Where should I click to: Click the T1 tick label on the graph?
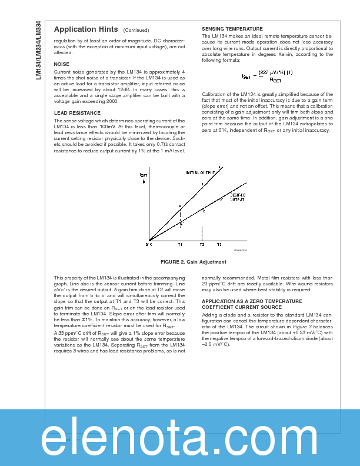click(x=180, y=244)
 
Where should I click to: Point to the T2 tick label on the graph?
click(x=202, y=244)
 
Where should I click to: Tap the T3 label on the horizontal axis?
click(x=219, y=244)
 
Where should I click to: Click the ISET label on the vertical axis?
click(x=144, y=175)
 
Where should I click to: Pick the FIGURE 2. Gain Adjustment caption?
click(x=194, y=261)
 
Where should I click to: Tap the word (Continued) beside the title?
click(x=136, y=30)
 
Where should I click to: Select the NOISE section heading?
click(x=61, y=64)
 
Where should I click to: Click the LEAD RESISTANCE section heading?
click(x=72, y=112)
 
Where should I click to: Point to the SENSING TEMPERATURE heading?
click(x=232, y=29)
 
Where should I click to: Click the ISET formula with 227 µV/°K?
click(x=268, y=75)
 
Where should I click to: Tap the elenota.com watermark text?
click(x=180, y=438)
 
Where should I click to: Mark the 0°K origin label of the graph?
click(x=149, y=244)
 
